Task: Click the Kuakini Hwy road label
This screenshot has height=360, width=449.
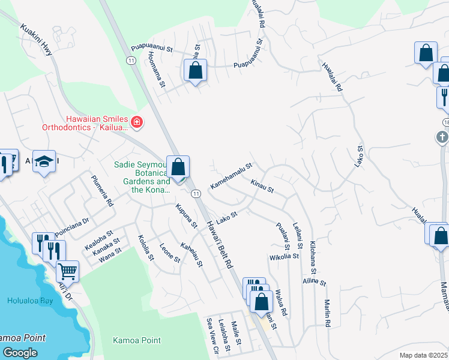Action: point(37,40)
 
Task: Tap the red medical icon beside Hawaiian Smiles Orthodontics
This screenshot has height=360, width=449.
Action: point(137,123)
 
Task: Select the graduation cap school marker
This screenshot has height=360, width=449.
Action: point(44,161)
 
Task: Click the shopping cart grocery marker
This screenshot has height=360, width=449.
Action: point(67,271)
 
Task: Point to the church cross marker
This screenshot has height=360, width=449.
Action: point(442,137)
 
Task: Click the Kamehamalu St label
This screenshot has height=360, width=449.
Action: point(231,176)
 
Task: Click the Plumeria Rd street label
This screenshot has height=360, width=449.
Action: point(101,190)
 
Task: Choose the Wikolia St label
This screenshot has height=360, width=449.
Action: point(285,257)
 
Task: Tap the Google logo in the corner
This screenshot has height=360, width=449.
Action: point(20,352)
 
